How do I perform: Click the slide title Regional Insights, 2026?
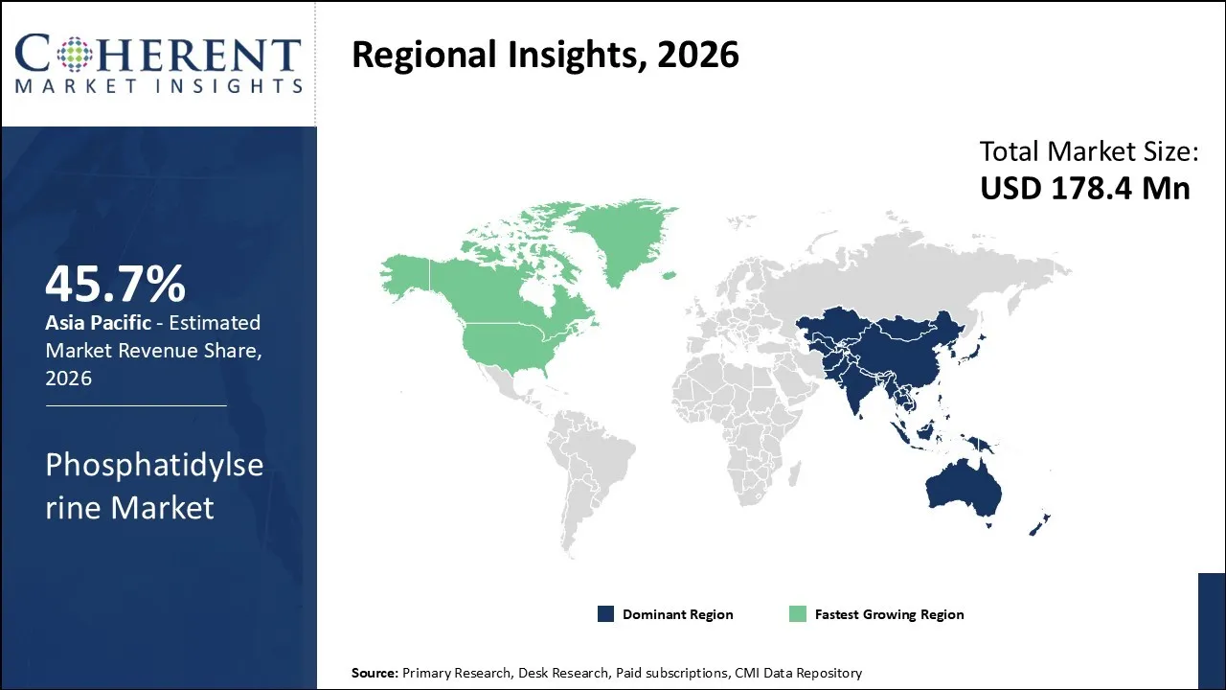(x=545, y=55)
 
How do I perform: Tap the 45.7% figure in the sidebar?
(x=115, y=284)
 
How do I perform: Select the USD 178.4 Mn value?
(x=1084, y=188)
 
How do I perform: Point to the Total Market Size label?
(x=1089, y=151)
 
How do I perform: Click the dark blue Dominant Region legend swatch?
(x=605, y=614)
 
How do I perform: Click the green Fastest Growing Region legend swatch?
(x=797, y=614)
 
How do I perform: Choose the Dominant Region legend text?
(x=677, y=614)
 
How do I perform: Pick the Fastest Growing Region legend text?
(x=889, y=614)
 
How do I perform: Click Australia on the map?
(x=963, y=489)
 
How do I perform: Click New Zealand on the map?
(x=1038, y=523)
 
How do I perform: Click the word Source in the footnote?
(x=374, y=673)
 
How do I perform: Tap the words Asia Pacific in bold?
(x=98, y=323)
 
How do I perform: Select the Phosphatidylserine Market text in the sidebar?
(x=153, y=486)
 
